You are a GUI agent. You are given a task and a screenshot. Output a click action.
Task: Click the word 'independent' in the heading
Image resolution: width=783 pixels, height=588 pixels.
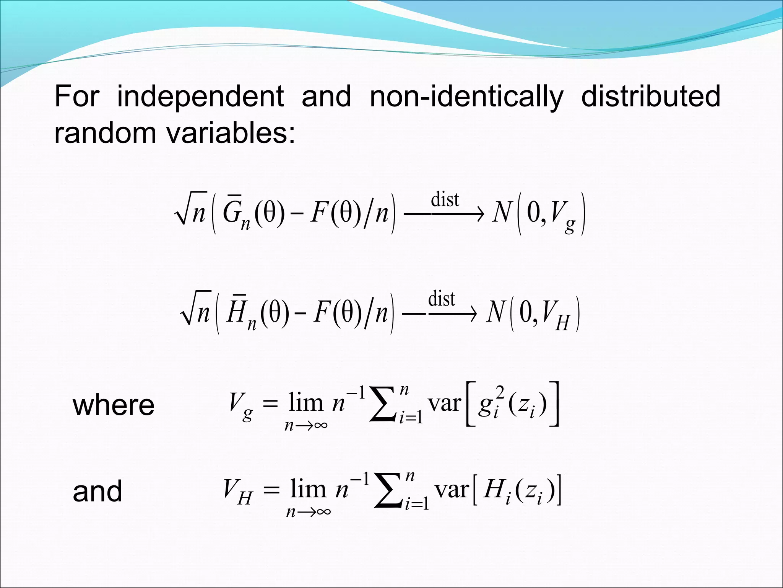pos(200,96)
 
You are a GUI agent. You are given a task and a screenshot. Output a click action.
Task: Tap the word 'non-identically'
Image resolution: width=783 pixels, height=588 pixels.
pos(466,97)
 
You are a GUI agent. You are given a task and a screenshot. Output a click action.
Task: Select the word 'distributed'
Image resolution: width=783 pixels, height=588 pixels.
pos(651,96)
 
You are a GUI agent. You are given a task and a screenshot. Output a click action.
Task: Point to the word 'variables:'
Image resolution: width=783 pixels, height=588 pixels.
pos(231,133)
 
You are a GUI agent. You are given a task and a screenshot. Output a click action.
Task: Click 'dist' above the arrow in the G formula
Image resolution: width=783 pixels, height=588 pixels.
pos(445,200)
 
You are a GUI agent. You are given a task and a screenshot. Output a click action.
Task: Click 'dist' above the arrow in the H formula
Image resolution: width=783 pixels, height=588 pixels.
pos(441,299)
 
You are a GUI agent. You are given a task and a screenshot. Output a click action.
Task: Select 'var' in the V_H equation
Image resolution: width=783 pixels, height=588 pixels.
pos(452,490)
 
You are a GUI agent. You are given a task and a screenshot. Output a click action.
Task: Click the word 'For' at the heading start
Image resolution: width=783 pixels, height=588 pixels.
pos(76,96)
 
